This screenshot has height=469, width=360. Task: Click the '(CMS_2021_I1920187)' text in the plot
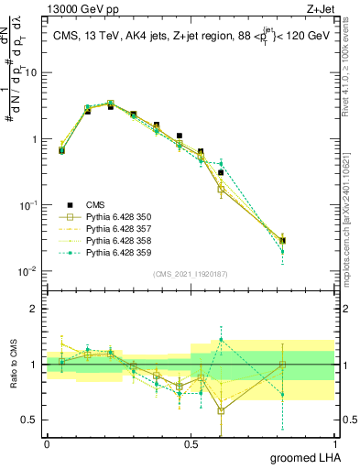coord(190,274)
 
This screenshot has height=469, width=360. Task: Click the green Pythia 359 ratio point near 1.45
coord(221,340)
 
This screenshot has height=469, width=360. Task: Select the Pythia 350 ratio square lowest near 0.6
coord(221,410)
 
